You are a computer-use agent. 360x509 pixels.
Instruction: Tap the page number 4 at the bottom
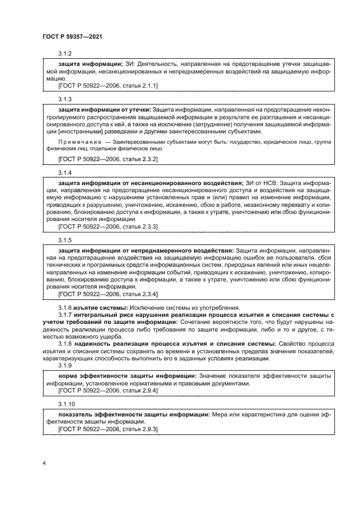(x=44, y=463)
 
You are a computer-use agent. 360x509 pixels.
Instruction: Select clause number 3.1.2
(x=65, y=53)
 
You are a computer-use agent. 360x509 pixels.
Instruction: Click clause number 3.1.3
(x=65, y=100)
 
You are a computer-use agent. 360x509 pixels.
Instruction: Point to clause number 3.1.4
(x=65, y=173)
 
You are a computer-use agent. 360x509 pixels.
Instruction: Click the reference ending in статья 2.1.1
(x=107, y=86)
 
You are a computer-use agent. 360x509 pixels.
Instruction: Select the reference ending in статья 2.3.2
(x=107, y=159)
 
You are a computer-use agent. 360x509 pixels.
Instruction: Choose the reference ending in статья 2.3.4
(x=107, y=294)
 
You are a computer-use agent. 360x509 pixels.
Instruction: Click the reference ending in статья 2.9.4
(x=107, y=391)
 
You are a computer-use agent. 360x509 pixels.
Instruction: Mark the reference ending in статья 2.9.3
(x=107, y=430)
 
